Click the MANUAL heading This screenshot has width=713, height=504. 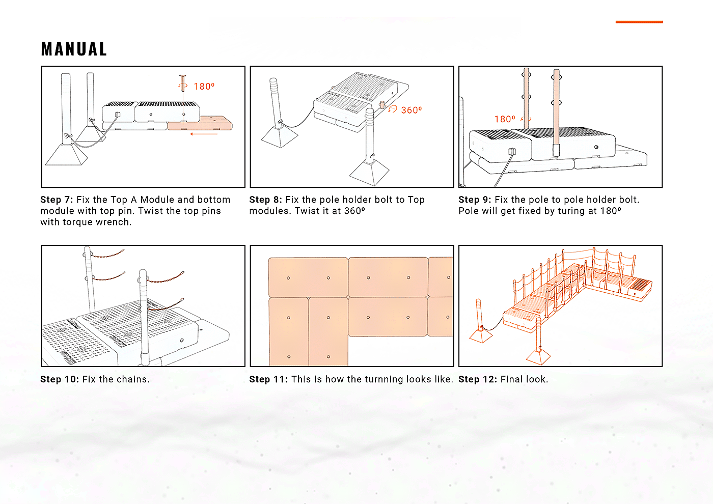click(74, 49)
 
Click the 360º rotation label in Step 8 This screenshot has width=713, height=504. click(412, 110)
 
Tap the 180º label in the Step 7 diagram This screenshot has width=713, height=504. click(204, 87)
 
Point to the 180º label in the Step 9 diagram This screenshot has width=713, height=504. click(505, 119)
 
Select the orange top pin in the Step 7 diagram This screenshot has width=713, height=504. click(182, 82)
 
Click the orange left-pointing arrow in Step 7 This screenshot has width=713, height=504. click(204, 134)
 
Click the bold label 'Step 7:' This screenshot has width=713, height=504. click(57, 200)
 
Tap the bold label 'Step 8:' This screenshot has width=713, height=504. click(265, 200)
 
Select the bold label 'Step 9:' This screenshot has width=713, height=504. click(475, 200)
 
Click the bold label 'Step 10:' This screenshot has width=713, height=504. click(59, 379)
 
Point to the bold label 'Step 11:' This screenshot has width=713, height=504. click(268, 379)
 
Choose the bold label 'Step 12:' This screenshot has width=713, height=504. click(477, 379)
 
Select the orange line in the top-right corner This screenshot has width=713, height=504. click(639, 22)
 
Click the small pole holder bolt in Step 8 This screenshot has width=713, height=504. click(381, 105)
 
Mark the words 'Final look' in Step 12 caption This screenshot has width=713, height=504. click(524, 379)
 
